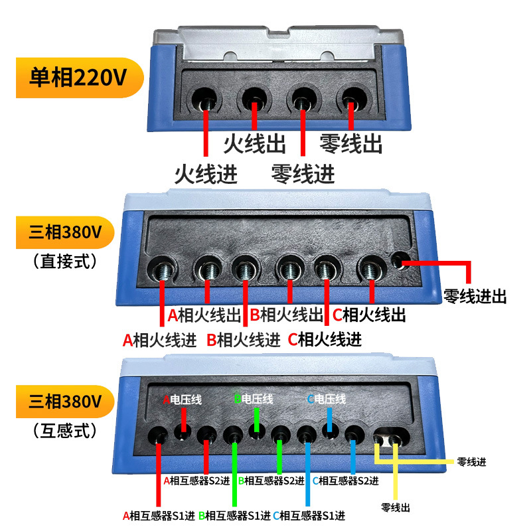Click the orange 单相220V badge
pyautogui.click(x=78, y=78)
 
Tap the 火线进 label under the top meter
pyautogui.click(x=205, y=174)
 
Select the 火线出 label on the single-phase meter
pyautogui.click(x=255, y=143)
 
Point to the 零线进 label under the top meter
pyautogui.click(x=303, y=174)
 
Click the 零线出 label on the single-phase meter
pyautogui.click(x=351, y=143)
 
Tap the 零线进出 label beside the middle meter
pyautogui.click(x=475, y=297)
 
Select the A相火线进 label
pyautogui.click(x=159, y=340)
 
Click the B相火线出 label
pyautogui.click(x=286, y=314)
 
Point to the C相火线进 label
pyautogui.click(x=325, y=340)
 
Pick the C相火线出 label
pyautogui.click(x=368, y=314)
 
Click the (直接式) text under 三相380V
pyautogui.click(x=64, y=261)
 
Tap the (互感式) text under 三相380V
pyautogui.click(x=64, y=431)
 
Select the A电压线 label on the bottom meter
pyautogui.click(x=183, y=400)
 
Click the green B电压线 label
pyautogui.click(x=254, y=400)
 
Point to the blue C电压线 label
pyautogui.click(x=327, y=400)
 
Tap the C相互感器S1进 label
pyautogui.click(x=309, y=514)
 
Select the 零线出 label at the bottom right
pyautogui.click(x=396, y=508)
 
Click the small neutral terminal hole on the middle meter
pyautogui.click(x=399, y=262)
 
